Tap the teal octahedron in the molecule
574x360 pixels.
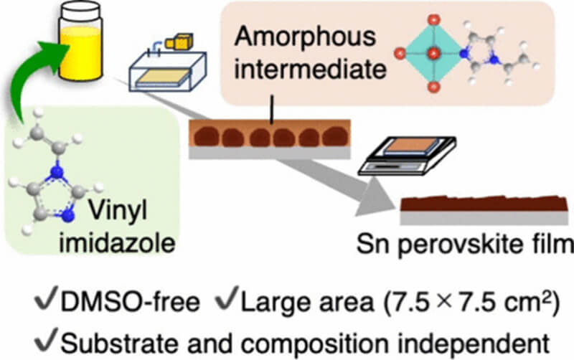coord(430,55)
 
